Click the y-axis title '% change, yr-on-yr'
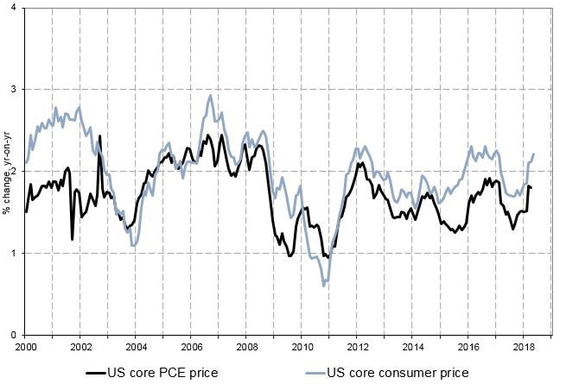pos(6,171)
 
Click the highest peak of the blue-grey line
pos(210,96)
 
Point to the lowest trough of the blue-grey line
pos(323,285)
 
